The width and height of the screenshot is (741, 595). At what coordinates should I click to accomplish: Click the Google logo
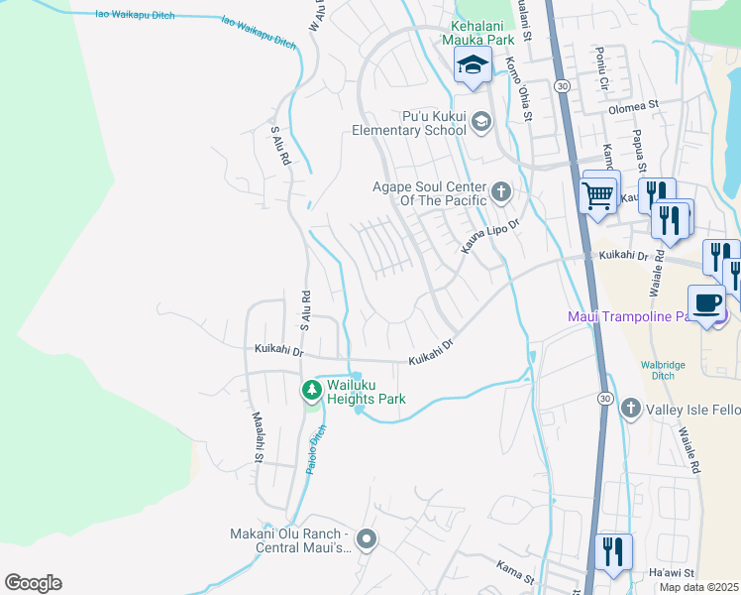[33, 583]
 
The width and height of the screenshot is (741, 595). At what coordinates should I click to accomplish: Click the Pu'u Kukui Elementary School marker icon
[481, 122]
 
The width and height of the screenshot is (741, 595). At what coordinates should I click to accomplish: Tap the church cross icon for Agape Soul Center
[501, 189]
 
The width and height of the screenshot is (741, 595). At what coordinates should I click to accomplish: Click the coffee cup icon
[707, 302]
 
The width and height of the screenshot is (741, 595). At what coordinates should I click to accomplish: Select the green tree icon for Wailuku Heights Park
[312, 390]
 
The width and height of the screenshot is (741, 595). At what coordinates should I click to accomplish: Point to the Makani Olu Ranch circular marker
[367, 540]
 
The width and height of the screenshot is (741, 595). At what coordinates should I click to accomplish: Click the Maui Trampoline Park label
[639, 316]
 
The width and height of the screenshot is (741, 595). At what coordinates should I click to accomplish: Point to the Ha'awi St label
[672, 573]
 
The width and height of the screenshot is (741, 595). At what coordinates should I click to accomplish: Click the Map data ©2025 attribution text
[698, 587]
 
